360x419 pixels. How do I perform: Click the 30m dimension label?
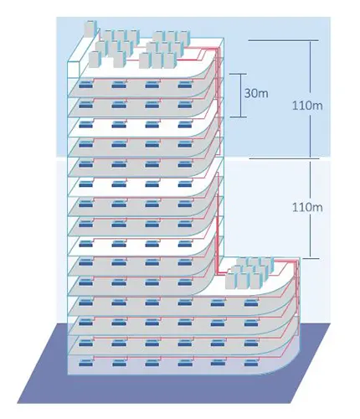pos(256,93)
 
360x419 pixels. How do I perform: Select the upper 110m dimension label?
pos(307,106)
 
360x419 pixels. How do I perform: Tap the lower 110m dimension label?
pos(307,207)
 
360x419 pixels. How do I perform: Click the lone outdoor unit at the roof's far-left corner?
pos(91,28)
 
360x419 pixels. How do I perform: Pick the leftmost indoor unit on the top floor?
pos(85,85)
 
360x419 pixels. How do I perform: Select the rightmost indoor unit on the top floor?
pos(185,85)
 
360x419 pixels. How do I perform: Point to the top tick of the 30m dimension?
pos(239,74)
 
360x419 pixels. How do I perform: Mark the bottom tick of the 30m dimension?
pos(239,117)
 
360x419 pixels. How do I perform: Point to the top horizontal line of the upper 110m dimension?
pos(283,41)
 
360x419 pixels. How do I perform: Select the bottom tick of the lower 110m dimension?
pos(311,258)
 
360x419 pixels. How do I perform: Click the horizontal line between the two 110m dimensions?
pos(284,158)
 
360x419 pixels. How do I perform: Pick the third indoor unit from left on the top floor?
pos(152,85)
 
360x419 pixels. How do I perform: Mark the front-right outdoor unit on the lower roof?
pos(255,280)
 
